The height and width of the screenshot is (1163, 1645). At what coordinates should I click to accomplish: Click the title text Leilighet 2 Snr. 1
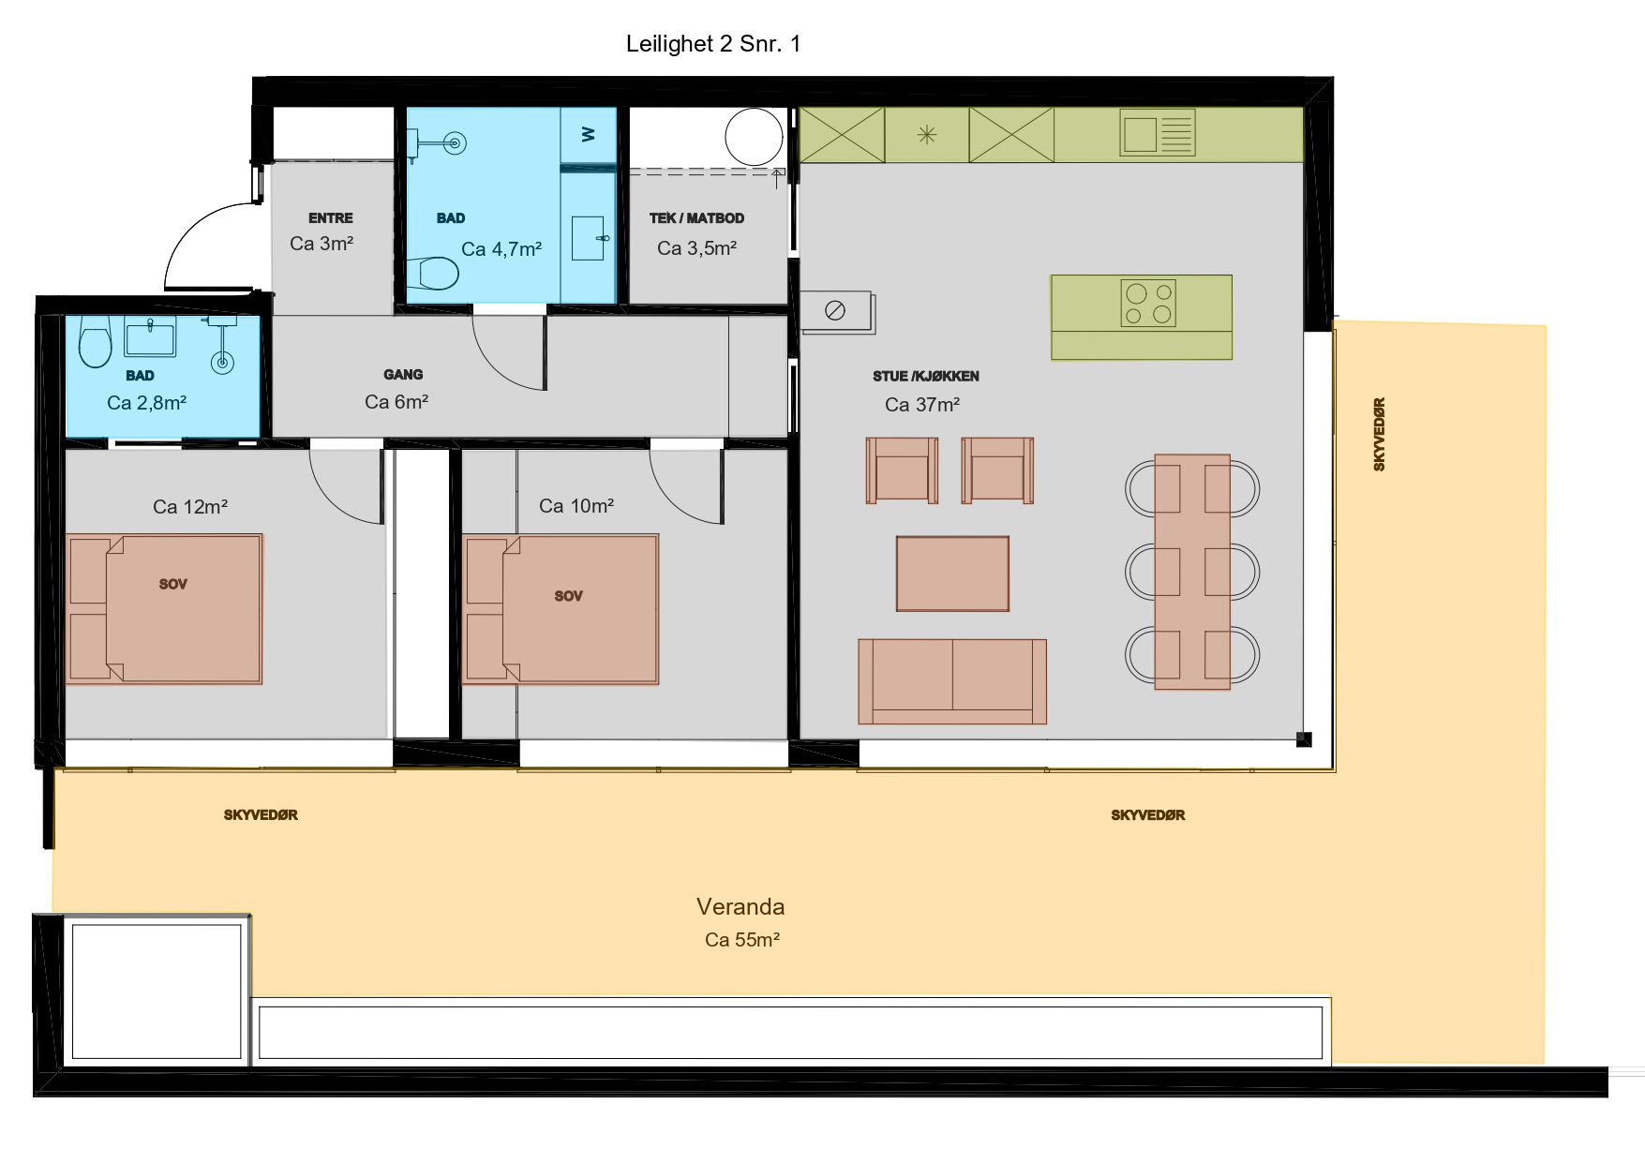pyautogui.click(x=713, y=44)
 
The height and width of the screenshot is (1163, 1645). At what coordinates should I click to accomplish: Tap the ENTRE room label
pyautogui.click(x=331, y=218)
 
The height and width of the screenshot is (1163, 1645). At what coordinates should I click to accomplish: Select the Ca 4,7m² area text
pyautogui.click(x=501, y=249)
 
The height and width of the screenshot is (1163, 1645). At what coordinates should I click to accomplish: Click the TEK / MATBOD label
pyautogui.click(x=696, y=218)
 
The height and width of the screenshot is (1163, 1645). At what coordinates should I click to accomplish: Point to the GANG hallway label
pyautogui.click(x=403, y=375)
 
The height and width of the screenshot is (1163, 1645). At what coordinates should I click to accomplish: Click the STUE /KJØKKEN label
pyautogui.click(x=926, y=377)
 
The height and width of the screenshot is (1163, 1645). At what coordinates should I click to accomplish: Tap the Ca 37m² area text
pyautogui.click(x=922, y=405)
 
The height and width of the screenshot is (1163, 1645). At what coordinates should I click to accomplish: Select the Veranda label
pyautogui.click(x=740, y=906)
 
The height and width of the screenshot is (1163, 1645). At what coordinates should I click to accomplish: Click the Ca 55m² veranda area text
pyautogui.click(x=742, y=939)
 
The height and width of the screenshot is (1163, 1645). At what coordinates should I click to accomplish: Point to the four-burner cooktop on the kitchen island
pyautogui.click(x=1148, y=304)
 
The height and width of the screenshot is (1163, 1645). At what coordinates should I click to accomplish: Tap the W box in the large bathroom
pyautogui.click(x=589, y=135)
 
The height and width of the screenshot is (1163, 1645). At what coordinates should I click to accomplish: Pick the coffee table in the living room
pyautogui.click(x=952, y=574)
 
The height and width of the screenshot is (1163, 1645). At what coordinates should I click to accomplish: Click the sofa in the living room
pyautogui.click(x=952, y=681)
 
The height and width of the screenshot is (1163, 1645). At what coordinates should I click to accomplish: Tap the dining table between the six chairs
pyautogui.click(x=1192, y=572)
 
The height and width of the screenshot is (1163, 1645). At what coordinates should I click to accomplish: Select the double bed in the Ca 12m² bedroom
pyautogui.click(x=164, y=608)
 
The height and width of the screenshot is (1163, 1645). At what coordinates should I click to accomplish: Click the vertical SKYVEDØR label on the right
pyautogui.click(x=1379, y=434)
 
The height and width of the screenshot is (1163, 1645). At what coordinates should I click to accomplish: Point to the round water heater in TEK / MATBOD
pyautogui.click(x=754, y=137)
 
